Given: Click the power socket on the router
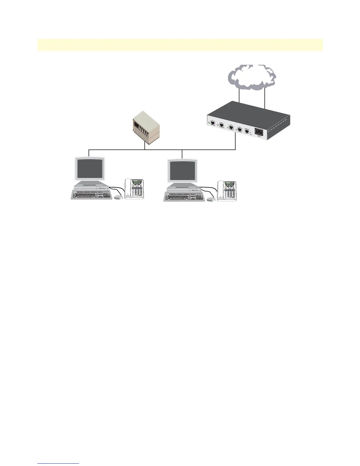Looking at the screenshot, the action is point(259,132).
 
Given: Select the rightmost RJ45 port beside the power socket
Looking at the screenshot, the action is point(247,131).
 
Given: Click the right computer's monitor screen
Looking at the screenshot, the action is point(182,171).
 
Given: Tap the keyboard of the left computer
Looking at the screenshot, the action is point(91,194).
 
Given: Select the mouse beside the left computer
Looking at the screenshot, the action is point(119,197).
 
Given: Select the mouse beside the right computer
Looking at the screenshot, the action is point(211,199).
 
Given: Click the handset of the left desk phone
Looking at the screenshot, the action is point(128,188).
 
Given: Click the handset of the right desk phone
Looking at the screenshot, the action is point(220,190).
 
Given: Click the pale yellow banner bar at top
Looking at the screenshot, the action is point(180,45).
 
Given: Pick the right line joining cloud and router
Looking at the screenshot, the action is point(265,97).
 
